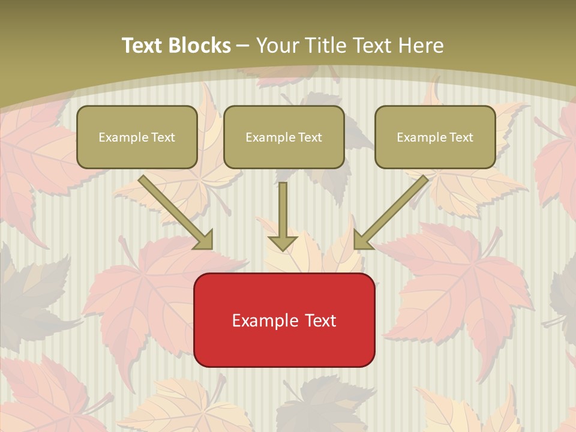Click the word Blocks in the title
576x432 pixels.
click(x=200, y=46)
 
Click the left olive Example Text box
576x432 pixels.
click(x=137, y=137)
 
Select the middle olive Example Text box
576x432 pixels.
click(x=284, y=137)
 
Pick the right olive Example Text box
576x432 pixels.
click(x=435, y=137)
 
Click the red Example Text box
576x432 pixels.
click(x=284, y=320)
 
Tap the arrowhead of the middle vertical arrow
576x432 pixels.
click(x=283, y=242)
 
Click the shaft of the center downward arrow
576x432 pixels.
click(x=283, y=207)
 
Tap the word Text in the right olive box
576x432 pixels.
click(x=461, y=137)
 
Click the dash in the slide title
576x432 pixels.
click(x=243, y=46)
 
